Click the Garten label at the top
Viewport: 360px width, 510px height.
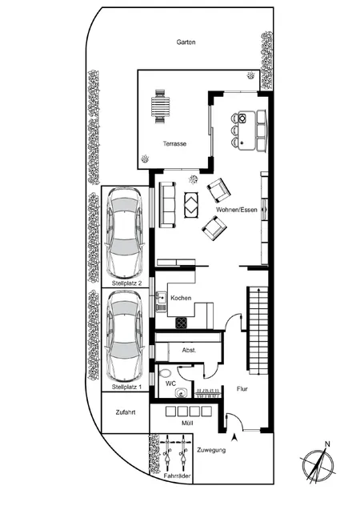pos(186,42)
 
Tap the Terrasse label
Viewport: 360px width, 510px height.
pos(174,144)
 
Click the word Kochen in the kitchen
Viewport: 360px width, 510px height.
pos(182,298)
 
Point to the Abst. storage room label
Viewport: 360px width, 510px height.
pos(190,351)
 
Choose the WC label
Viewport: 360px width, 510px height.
pos(170,384)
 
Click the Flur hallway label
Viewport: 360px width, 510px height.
pos(243,390)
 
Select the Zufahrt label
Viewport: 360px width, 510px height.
pos(125,414)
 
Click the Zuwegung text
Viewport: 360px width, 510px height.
pos(210,451)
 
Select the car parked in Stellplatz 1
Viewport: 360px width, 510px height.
pos(126,335)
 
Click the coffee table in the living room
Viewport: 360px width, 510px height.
pos(193,203)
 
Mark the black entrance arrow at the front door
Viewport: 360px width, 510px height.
pos(234,437)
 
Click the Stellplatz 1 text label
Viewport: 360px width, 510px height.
pos(126,387)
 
